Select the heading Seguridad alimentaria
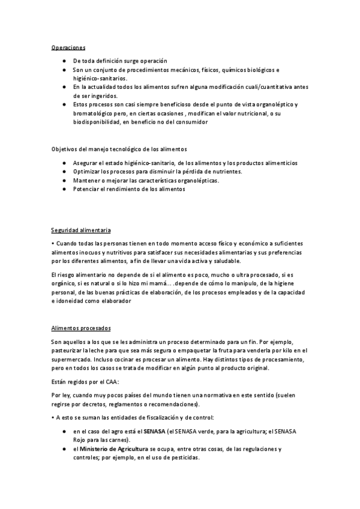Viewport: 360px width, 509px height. pyautogui.click(x=80, y=230)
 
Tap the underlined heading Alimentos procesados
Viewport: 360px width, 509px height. pyautogui.click(x=80, y=328)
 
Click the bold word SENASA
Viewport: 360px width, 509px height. pyautogui.click(x=155, y=432)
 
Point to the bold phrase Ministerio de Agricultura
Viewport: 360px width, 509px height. pyautogui.click(x=118, y=449)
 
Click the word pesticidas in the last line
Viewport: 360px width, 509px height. pyautogui.click(x=185, y=457)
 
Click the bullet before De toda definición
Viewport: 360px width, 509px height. pyautogui.click(x=64, y=61)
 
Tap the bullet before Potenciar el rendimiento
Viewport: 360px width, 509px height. pyautogui.click(x=64, y=189)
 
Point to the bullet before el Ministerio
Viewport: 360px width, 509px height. pyautogui.click(x=64, y=449)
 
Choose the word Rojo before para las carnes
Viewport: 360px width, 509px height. pyautogui.click(x=80, y=440)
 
